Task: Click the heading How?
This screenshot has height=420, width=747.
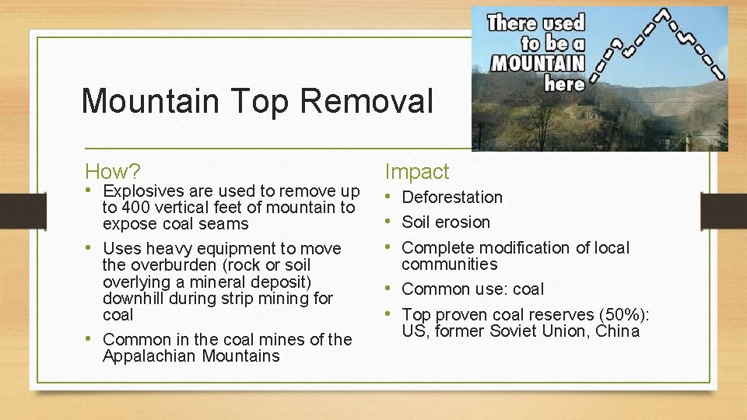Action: click(113, 171)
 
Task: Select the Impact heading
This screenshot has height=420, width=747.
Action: click(417, 172)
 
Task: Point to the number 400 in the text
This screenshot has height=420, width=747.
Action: click(136, 208)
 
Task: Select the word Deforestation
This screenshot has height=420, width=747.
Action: click(452, 198)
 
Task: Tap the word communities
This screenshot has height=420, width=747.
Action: click(449, 264)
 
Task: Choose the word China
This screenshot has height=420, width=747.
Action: click(618, 331)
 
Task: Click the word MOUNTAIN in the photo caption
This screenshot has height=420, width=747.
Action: click(537, 61)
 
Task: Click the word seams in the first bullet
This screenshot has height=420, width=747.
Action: click(227, 224)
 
